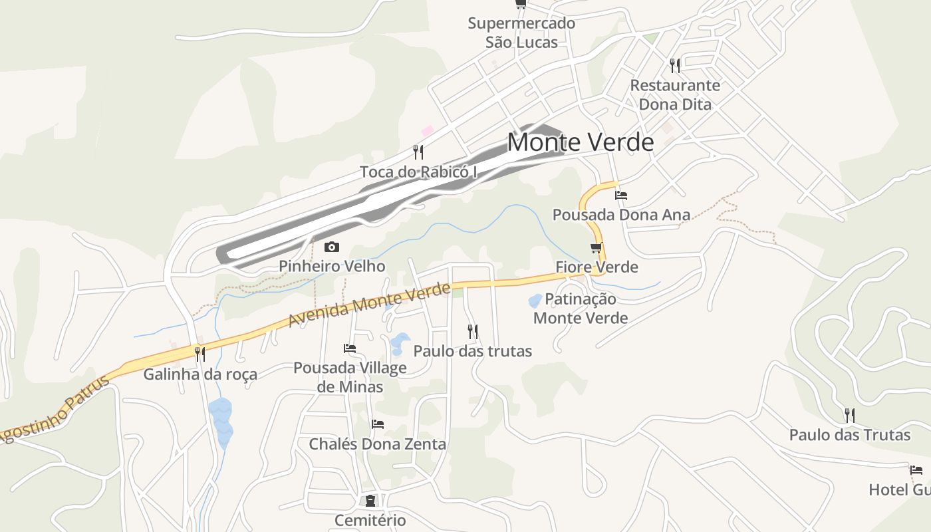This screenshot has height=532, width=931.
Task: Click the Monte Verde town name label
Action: pos(581,142)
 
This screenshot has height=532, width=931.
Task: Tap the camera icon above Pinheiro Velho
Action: pos(331,247)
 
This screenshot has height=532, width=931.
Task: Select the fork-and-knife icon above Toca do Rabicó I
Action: pos(418,152)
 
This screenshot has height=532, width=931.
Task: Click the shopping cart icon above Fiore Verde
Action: pos(596,248)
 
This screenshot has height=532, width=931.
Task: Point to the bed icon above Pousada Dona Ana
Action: pos(621,196)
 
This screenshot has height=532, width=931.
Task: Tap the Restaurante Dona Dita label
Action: pos(675,95)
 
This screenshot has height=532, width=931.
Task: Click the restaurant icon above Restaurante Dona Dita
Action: pos(675,65)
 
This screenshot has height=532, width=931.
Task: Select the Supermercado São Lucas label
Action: pos(521,33)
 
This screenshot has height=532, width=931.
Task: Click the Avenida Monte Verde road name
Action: pos(369,305)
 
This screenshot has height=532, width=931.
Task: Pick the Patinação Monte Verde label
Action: pos(581,309)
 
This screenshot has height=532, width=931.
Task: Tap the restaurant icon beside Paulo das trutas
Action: pos(472,331)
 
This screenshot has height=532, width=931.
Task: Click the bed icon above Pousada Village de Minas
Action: pos(350,348)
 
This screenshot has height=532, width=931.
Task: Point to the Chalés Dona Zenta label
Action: pos(378,444)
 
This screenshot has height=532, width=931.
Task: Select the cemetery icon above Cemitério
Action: pos(370,500)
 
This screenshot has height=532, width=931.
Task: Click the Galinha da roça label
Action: pos(200,374)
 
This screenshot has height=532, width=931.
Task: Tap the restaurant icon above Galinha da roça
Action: pos(199,354)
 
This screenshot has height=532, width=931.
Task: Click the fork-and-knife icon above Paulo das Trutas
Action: pos(849,416)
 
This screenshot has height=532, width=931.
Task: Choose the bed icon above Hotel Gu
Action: pos(916,470)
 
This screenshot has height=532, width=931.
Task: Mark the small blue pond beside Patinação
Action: pos(535,301)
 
